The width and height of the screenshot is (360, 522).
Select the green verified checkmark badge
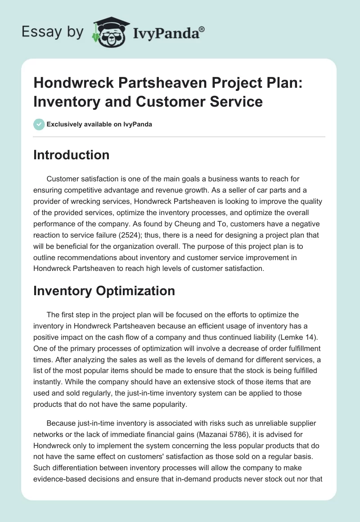click(x=39, y=124)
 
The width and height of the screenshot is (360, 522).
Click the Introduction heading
click(x=72, y=155)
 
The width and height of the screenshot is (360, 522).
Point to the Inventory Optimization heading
click(x=104, y=291)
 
